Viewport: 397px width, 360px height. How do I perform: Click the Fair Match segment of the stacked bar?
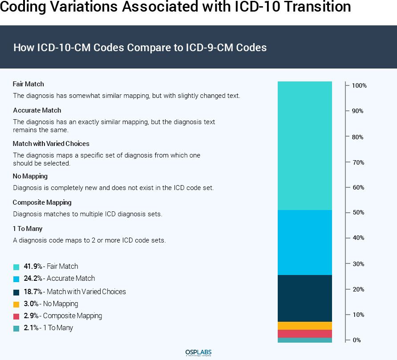pyautogui.click(x=305, y=146)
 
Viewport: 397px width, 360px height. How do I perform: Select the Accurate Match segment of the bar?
pyautogui.click(x=305, y=242)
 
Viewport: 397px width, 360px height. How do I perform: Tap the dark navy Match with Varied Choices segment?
pyautogui.click(x=305, y=298)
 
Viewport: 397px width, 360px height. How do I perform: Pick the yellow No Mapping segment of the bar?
pyautogui.click(x=305, y=326)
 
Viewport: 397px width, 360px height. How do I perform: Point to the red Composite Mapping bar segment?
pyautogui.click(x=305, y=334)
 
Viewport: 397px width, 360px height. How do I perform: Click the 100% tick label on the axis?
pyautogui.click(x=359, y=85)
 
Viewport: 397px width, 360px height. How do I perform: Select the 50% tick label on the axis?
pyautogui.click(x=357, y=213)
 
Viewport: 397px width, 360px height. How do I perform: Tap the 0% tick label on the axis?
pyautogui.click(x=356, y=340)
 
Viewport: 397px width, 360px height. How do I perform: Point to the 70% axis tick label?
pyautogui.click(x=357, y=162)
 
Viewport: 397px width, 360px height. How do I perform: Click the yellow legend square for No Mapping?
pyautogui.click(x=16, y=304)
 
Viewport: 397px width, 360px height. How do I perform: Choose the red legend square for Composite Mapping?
pyautogui.click(x=16, y=316)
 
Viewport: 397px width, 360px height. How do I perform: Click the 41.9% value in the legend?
pyautogui.click(x=33, y=267)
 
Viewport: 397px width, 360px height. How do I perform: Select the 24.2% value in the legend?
pyautogui.click(x=33, y=279)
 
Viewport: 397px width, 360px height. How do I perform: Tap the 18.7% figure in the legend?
pyautogui.click(x=33, y=292)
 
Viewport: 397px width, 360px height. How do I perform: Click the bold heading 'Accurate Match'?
pyautogui.click(x=37, y=110)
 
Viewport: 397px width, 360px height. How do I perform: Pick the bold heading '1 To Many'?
pyautogui.click(x=28, y=229)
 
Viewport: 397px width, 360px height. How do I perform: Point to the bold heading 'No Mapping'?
pyautogui.click(x=30, y=176)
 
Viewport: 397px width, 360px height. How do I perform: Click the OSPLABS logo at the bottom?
pyautogui.click(x=198, y=353)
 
